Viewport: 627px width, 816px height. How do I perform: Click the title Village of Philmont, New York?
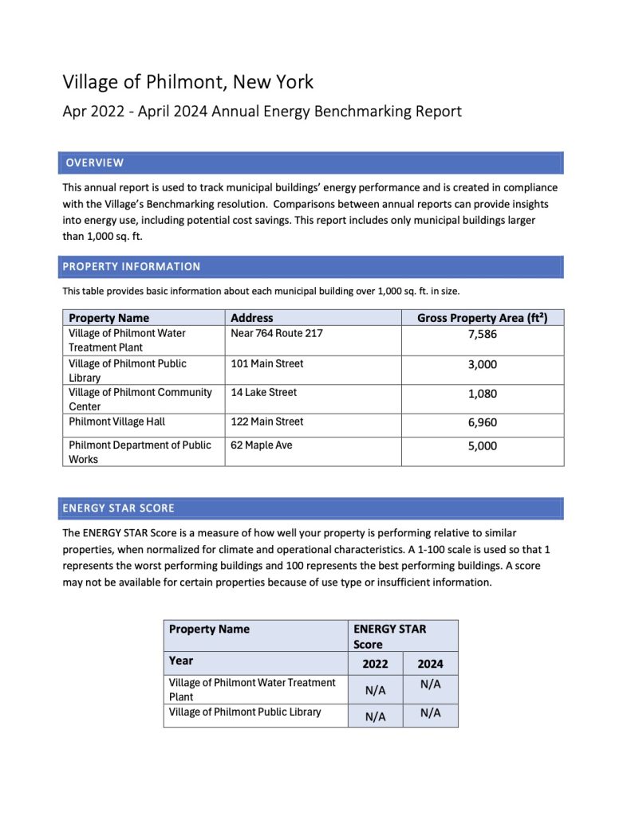click(x=188, y=82)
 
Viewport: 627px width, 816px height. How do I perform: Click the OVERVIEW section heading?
click(x=95, y=163)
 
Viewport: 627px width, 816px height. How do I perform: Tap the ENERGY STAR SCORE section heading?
click(x=120, y=508)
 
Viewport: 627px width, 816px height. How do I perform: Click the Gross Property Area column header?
click(x=482, y=318)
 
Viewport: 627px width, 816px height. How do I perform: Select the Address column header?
click(x=252, y=318)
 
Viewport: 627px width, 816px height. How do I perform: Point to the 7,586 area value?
click(x=482, y=335)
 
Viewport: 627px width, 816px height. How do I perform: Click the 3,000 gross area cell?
click(x=482, y=364)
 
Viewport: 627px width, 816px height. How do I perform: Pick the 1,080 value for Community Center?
click(x=482, y=394)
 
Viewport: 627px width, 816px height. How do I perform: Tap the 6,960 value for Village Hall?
click(x=482, y=423)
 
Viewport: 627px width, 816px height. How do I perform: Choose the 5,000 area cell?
click(x=482, y=446)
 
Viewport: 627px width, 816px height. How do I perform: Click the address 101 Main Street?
click(x=267, y=364)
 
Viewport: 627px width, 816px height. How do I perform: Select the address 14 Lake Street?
click(x=264, y=393)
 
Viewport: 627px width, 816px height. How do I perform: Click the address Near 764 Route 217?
click(x=277, y=333)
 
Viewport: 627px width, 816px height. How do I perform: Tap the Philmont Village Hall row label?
click(x=117, y=422)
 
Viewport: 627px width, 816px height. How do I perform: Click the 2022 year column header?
click(x=375, y=664)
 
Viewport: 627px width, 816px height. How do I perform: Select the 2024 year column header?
click(x=430, y=664)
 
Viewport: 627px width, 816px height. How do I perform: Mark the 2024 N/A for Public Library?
click(x=430, y=713)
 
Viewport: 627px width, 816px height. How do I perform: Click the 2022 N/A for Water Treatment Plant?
click(x=375, y=691)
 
